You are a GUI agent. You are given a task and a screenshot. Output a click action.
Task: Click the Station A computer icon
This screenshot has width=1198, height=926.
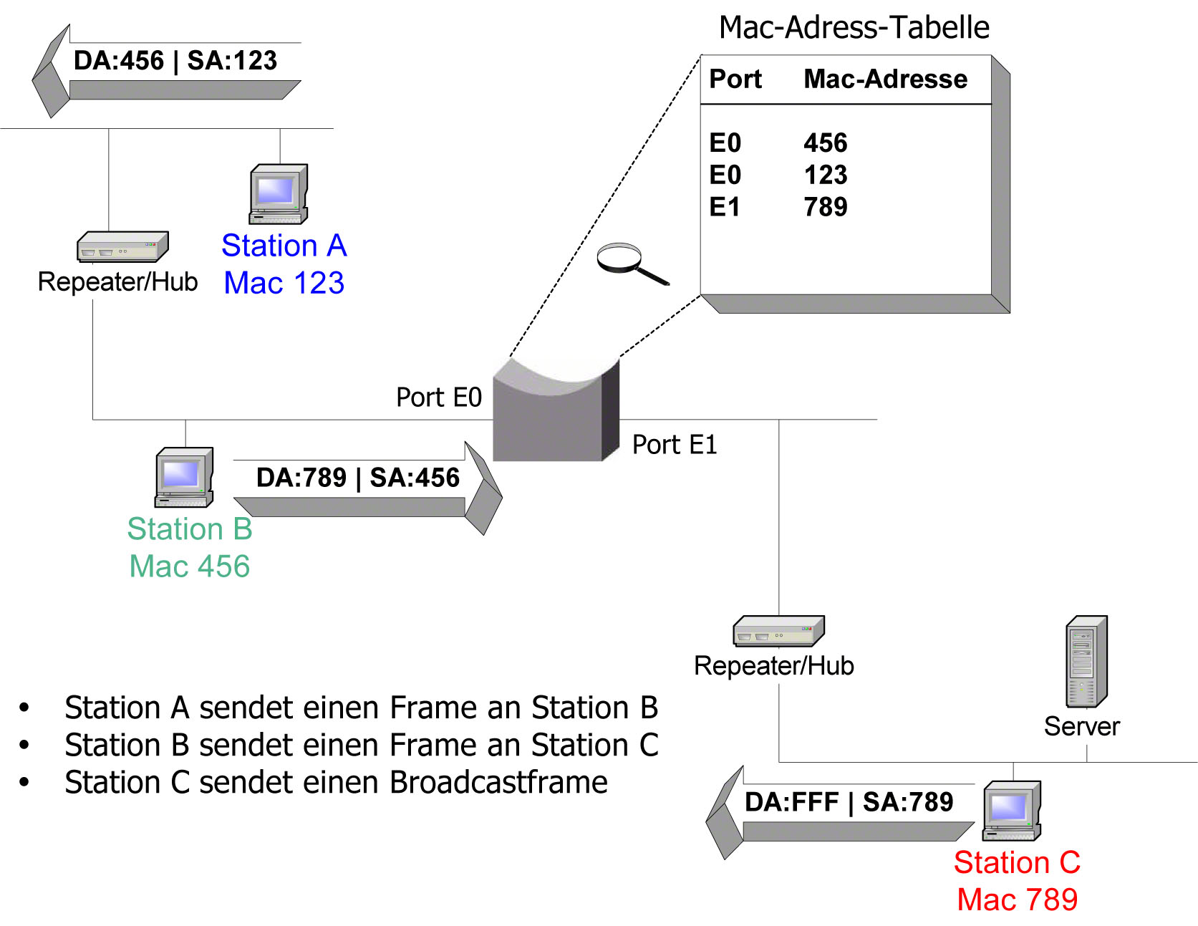click(x=279, y=194)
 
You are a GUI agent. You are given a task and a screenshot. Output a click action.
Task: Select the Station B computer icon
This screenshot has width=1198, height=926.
click(x=184, y=478)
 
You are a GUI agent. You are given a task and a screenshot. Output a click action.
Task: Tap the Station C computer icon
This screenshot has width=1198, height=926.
click(x=1012, y=811)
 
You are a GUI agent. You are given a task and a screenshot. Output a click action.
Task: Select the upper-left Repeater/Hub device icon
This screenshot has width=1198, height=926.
click(x=122, y=247)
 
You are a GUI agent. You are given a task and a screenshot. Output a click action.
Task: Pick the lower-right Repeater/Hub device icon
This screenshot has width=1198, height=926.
click(x=778, y=632)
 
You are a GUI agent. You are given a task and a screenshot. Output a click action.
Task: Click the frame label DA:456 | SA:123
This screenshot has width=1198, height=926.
click(x=175, y=61)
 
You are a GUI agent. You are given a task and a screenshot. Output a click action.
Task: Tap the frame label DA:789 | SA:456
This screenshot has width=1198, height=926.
click(x=357, y=478)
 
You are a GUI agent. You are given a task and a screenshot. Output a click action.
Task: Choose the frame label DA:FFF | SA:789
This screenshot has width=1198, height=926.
click(x=849, y=802)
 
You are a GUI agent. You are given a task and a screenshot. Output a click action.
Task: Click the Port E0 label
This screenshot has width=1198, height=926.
click(x=439, y=397)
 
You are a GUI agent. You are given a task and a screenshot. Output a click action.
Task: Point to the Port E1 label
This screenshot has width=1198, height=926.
click(x=674, y=445)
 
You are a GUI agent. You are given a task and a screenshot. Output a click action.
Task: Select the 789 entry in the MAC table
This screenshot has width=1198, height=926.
click(x=825, y=207)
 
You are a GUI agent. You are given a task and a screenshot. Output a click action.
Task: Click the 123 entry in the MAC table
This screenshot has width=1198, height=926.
click(x=825, y=175)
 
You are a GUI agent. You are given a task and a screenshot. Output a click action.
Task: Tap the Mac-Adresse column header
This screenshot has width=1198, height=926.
click(x=885, y=79)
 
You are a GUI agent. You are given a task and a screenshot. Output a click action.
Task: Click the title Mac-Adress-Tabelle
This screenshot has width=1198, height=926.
click(x=854, y=27)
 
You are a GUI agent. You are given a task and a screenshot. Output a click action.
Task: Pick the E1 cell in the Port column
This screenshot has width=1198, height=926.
click(x=725, y=207)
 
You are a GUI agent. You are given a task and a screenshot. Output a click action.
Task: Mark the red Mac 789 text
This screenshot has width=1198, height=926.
click(x=1017, y=900)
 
